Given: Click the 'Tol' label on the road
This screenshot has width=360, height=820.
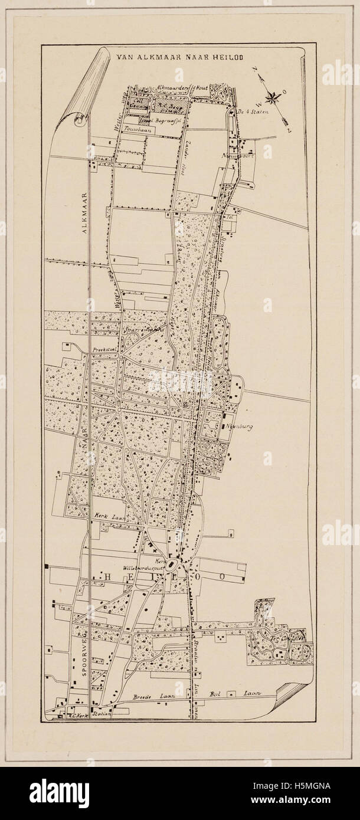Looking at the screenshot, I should (230, 217).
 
